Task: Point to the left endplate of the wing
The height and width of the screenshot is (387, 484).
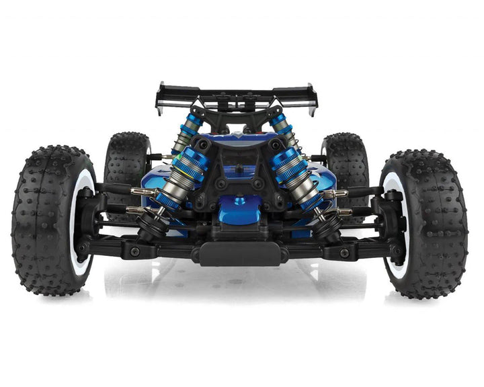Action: tap(160, 99)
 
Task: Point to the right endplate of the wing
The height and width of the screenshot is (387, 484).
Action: tap(313, 101)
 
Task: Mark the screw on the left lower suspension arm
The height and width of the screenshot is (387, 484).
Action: tap(134, 251)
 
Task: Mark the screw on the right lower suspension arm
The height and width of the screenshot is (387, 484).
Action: tap(344, 253)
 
